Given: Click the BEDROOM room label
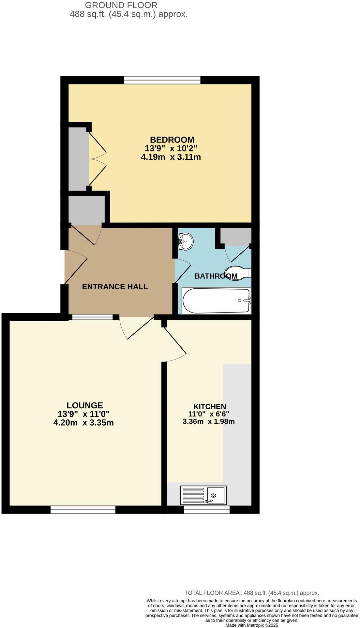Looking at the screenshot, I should point(172,140).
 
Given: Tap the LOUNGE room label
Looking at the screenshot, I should point(84,405).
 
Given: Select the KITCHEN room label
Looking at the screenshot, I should point(210,406).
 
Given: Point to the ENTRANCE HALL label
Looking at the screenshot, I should point(115,287).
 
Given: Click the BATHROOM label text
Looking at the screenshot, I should point(216,276).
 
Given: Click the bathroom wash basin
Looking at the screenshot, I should point(186,241).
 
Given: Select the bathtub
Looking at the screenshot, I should point(216,300).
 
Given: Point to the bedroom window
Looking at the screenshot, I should point(162,80).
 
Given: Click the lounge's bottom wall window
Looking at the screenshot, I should point(83,510).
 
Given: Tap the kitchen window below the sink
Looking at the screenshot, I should point(207,510).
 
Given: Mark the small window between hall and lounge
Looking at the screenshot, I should point(92,317).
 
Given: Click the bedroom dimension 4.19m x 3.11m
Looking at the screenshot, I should point(171,157).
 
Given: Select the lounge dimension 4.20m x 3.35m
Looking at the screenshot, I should point(83,423).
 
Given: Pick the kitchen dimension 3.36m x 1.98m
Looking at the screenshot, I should point(209,421).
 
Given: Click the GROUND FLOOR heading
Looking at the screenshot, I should point(121,5).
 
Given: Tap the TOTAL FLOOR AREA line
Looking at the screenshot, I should point(252,593).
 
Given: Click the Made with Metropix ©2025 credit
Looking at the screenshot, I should point(252,625).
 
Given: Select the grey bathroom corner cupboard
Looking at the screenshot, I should point(236,236).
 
